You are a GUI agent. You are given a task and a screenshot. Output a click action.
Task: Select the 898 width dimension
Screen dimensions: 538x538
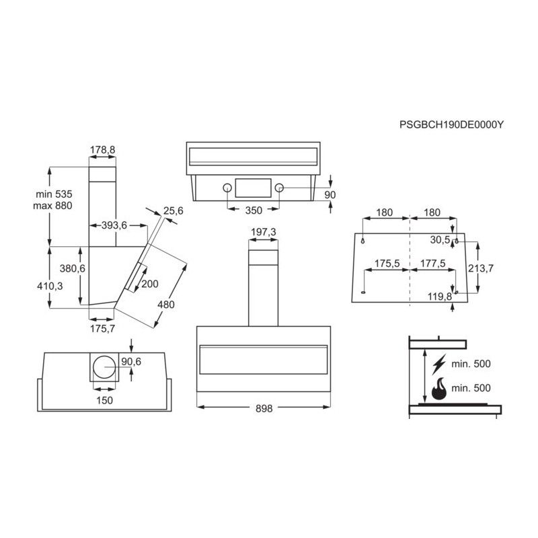[264, 408]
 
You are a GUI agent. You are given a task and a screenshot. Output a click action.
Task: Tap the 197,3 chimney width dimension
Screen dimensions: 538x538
[263, 232]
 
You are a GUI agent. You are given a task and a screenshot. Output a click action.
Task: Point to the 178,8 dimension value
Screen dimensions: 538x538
[102, 150]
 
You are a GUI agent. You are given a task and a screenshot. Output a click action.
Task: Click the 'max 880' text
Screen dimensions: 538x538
[52, 205]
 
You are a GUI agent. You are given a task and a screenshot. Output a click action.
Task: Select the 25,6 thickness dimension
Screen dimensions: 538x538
[173, 211]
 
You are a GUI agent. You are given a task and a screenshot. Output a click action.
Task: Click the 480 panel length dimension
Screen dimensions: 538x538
[165, 305]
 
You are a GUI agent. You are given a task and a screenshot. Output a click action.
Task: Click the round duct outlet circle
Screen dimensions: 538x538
[105, 368]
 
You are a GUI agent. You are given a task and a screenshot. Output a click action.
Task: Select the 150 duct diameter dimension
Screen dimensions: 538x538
[104, 400]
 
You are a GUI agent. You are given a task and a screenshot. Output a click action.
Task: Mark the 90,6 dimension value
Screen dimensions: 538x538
[130, 362]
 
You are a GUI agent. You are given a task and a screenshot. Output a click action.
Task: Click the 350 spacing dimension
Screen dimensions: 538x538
[253, 210]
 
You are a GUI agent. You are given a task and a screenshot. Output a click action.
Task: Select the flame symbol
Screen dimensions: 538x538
[439, 389]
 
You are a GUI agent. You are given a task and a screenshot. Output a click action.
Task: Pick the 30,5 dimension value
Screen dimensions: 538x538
[440, 239]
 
